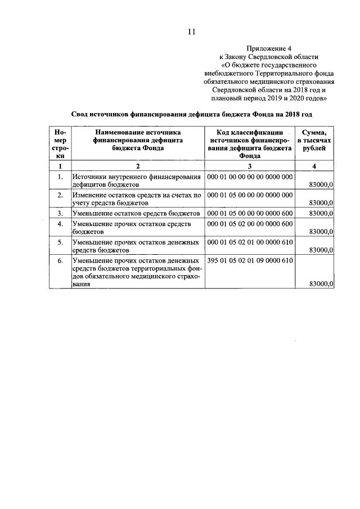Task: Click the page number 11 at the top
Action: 191,32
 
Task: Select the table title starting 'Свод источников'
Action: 191,113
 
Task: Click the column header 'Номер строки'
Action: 60,143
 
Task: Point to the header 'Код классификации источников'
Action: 249,143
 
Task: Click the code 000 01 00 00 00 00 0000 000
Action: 250,177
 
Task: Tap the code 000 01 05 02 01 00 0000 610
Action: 250,242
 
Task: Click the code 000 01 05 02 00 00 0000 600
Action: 250,224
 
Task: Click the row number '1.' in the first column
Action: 60,177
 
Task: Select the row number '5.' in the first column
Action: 60,242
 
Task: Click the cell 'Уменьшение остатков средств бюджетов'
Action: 137,213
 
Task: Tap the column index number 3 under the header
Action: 250,166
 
